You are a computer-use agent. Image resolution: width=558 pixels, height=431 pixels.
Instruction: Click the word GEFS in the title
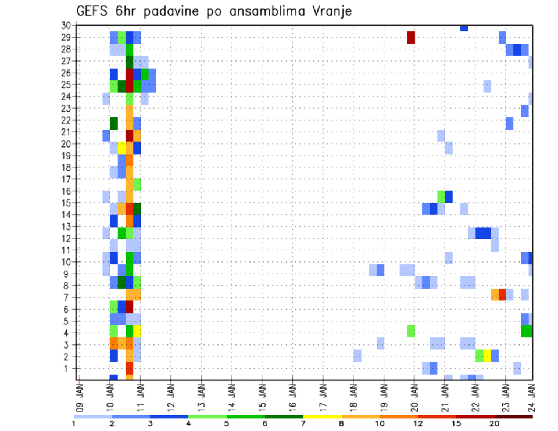(x=93, y=11)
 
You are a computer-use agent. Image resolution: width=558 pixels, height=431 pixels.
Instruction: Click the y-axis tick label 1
(x=68, y=368)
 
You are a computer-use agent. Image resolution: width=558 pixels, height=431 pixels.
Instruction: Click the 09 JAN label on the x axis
(x=80, y=396)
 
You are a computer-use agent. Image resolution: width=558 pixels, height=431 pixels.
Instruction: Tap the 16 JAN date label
(x=292, y=396)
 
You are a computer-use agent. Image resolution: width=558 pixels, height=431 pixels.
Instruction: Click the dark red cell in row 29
(x=411, y=37)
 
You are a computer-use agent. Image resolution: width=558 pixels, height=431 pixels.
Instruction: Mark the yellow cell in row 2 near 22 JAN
(x=487, y=355)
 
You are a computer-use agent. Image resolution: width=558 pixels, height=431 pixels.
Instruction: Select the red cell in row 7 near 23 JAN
(x=502, y=294)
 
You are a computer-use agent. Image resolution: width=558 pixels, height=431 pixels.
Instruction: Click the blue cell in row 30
(x=464, y=28)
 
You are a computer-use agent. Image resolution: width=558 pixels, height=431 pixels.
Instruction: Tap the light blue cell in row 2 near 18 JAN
(x=357, y=355)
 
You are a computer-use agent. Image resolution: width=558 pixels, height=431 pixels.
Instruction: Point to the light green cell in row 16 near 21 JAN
(x=441, y=195)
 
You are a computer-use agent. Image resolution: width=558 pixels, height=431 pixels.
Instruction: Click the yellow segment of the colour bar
(x=322, y=416)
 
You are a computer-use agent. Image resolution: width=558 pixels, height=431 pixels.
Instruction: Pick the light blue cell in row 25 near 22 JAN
(x=487, y=87)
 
